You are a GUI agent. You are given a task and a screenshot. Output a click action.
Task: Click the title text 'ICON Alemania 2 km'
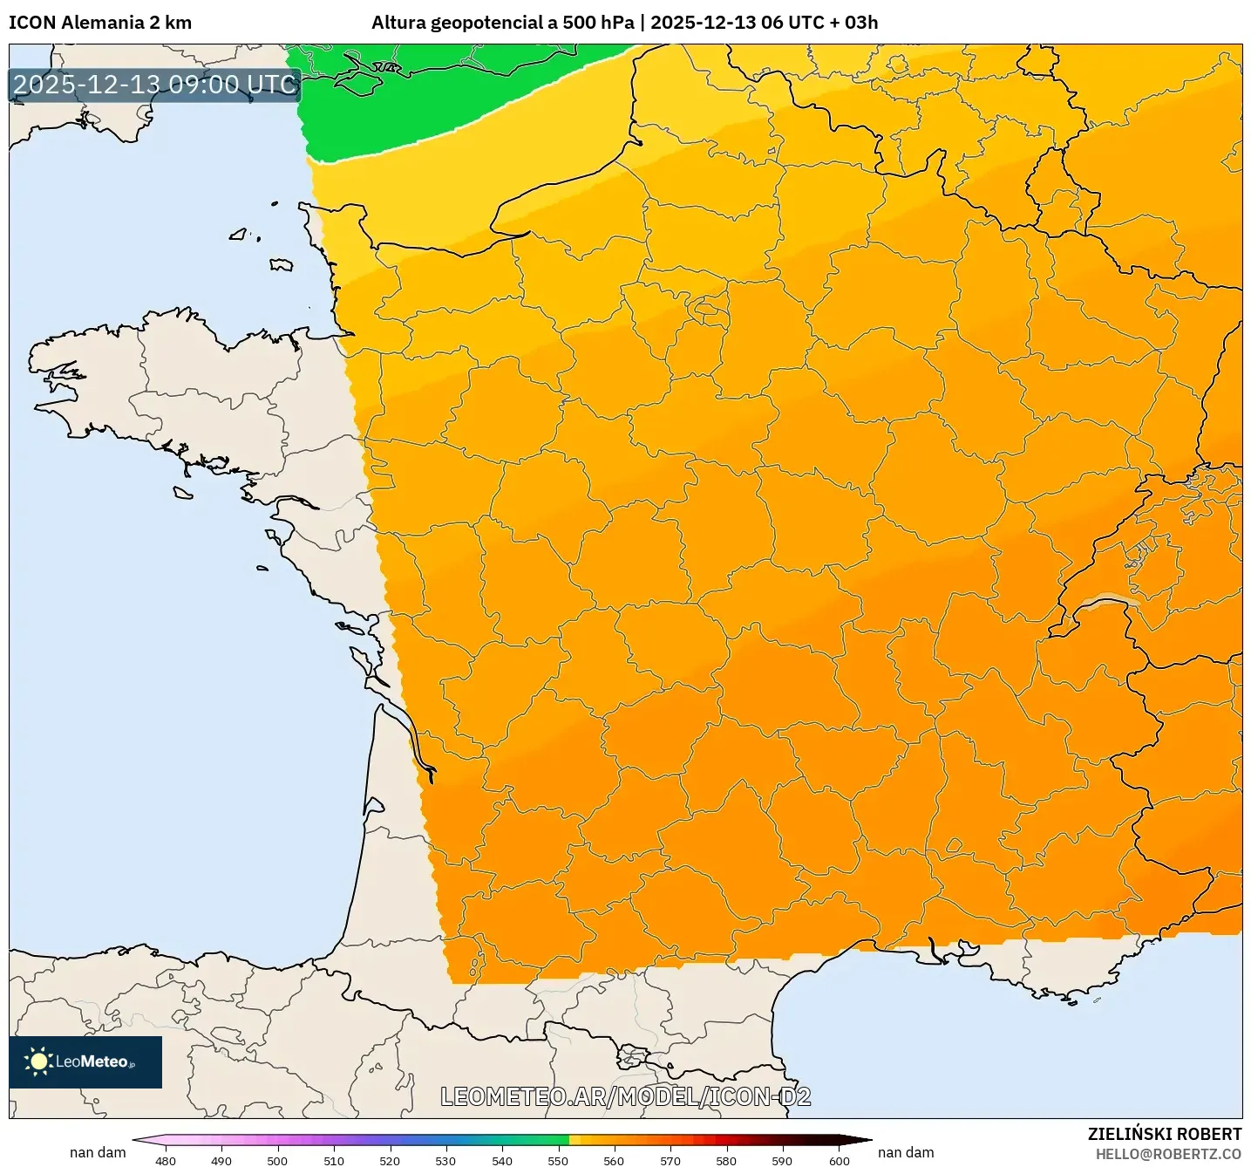click(100, 23)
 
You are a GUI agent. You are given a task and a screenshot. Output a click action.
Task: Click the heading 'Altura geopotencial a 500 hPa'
click(502, 23)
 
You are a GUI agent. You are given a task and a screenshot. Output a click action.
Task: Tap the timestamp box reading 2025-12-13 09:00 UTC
click(155, 85)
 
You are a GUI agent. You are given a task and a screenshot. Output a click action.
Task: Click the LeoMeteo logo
click(85, 1061)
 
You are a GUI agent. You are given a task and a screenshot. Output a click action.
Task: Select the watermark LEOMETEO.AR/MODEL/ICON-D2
click(625, 1096)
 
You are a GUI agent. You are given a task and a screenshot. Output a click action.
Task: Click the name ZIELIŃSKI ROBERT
click(1164, 1134)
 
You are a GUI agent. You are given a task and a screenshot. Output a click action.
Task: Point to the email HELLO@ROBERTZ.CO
click(1168, 1154)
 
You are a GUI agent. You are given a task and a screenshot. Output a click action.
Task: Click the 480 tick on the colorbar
click(166, 1160)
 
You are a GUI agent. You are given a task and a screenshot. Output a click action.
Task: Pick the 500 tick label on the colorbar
click(277, 1160)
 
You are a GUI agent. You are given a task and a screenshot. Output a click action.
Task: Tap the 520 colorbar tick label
click(390, 1160)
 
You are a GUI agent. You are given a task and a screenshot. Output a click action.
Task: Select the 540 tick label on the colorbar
click(502, 1160)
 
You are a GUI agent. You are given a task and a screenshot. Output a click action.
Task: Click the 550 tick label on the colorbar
click(558, 1160)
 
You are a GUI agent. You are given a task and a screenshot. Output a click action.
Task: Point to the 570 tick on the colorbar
click(670, 1160)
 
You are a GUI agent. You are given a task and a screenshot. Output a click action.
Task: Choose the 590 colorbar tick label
click(782, 1160)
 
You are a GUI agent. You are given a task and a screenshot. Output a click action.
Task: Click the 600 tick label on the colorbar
click(839, 1160)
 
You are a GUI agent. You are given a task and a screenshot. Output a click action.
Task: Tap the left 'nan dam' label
click(98, 1152)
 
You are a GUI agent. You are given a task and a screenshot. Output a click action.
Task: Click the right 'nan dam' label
click(906, 1152)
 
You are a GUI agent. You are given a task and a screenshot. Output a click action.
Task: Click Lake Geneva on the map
click(1105, 602)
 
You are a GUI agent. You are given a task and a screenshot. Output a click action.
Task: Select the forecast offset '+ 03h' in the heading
click(853, 23)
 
